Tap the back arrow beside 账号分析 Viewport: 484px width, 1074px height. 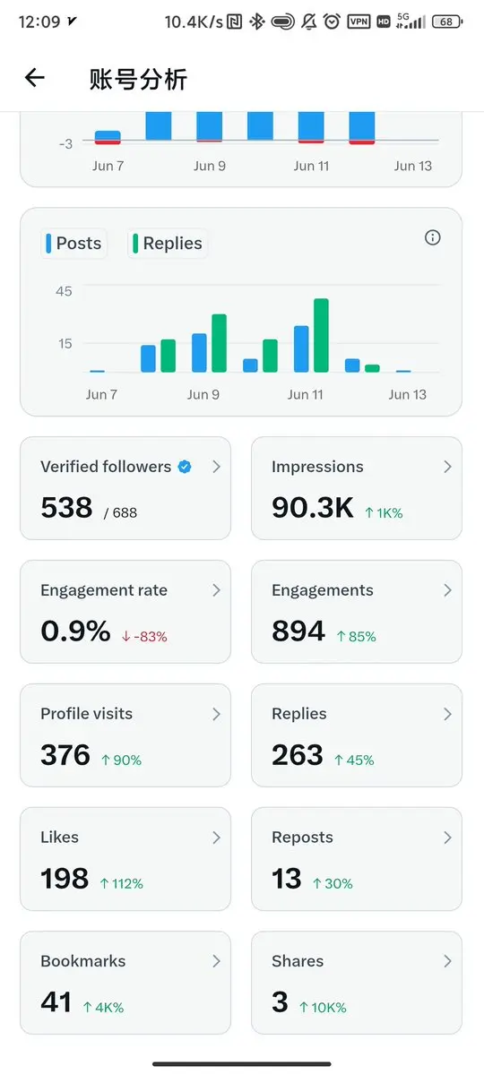(x=34, y=78)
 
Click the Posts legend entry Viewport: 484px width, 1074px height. (x=73, y=243)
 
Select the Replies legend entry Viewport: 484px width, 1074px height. (x=168, y=243)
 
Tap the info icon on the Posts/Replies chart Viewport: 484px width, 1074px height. (x=433, y=237)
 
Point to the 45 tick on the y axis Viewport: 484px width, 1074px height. (x=64, y=291)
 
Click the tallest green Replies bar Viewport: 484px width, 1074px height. (x=321, y=335)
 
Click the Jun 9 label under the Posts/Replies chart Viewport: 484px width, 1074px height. (x=203, y=394)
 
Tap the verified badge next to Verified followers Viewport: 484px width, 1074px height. (x=185, y=468)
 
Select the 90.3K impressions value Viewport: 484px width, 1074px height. (x=313, y=508)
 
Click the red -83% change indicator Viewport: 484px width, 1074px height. (x=144, y=636)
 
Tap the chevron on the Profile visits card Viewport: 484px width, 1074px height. (x=216, y=714)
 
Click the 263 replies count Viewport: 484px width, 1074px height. (x=298, y=755)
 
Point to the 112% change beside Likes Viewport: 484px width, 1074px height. (x=121, y=883)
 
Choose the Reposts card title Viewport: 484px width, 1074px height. (x=302, y=837)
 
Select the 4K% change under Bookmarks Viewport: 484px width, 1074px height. (x=103, y=1007)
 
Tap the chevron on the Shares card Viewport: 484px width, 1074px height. (x=447, y=961)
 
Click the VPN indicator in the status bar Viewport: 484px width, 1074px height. (x=359, y=21)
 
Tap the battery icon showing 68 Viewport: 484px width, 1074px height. (x=446, y=21)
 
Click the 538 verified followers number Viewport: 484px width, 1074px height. (x=66, y=508)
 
